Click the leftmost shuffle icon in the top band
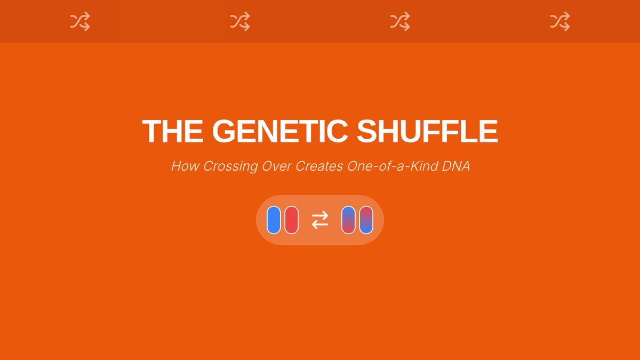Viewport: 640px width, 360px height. point(80,21)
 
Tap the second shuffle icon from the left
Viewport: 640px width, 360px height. point(240,21)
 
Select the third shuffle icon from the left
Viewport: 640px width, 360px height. point(400,21)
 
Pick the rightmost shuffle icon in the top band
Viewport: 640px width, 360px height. point(560,21)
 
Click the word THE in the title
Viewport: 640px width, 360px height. point(173,131)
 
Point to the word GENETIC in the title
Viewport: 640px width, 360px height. point(280,131)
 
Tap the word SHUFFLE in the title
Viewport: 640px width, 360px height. point(427,131)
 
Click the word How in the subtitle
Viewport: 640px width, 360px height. point(185,166)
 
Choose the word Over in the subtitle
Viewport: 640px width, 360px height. point(276,166)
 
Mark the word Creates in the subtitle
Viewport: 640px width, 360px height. point(319,166)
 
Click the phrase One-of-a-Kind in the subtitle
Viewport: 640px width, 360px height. point(393,166)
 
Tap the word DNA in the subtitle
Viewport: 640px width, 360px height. point(456,166)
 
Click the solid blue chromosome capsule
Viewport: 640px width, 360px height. point(274,220)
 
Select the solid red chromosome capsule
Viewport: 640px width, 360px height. point(291,220)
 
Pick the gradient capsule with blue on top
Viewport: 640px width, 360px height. point(348,220)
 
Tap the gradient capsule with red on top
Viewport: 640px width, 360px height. point(366,220)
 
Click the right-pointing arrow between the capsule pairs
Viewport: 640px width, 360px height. point(320,215)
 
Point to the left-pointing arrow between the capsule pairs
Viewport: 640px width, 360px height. point(319,225)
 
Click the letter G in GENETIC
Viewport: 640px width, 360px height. point(223,131)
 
